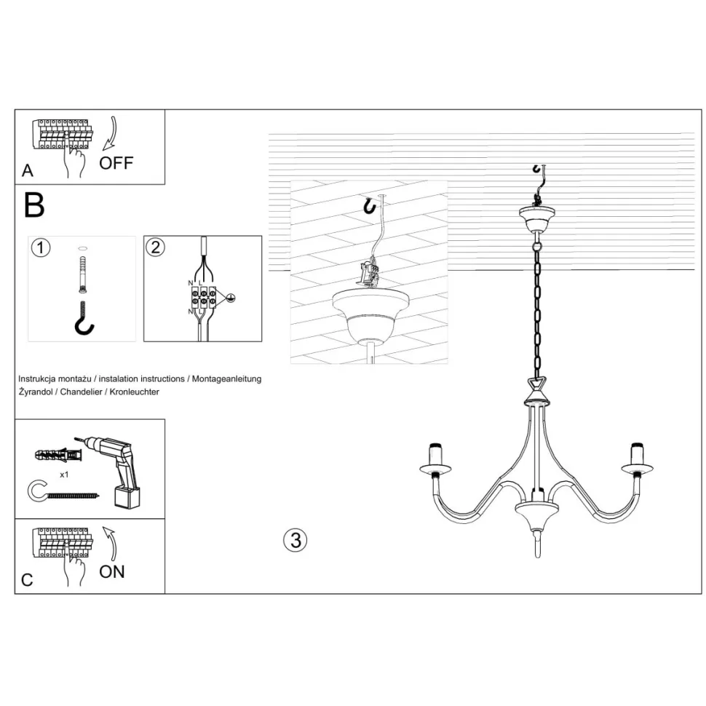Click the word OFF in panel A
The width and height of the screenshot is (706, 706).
[x=116, y=163]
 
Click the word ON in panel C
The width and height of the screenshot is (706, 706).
[x=112, y=572]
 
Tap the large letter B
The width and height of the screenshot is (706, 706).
[x=34, y=205]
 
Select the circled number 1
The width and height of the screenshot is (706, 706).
[x=41, y=247]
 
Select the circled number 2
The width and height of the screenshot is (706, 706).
[x=155, y=247]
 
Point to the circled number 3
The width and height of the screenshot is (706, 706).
[x=296, y=540]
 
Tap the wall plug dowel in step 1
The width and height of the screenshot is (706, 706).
[x=82, y=274]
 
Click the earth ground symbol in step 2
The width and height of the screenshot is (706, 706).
[x=230, y=298]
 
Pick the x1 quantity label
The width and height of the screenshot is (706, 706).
[x=64, y=475]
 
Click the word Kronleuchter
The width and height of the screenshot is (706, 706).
[x=134, y=392]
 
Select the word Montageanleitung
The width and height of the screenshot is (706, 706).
[x=226, y=379]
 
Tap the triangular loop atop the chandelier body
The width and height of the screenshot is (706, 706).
[x=537, y=386]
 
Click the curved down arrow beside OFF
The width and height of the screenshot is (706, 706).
[x=111, y=133]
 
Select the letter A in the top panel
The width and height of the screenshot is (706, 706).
[x=28, y=170]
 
